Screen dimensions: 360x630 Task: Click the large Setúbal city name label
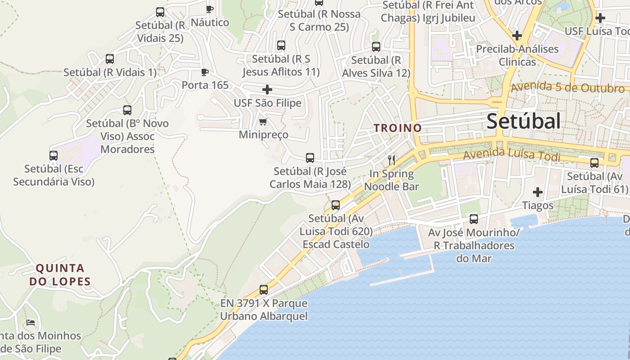pos(524,121)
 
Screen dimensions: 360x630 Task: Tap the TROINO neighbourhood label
pos(398,128)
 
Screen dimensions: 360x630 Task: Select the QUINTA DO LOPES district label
pos(60,275)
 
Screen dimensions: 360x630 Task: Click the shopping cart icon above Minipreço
pos(263,121)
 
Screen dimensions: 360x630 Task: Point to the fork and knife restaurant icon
pos(391,160)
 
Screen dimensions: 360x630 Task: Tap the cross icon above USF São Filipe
pos(267,89)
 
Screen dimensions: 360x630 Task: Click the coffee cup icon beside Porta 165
pos(205,72)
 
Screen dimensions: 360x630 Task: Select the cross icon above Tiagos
pos(537,193)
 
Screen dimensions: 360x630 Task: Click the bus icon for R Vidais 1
pos(110,58)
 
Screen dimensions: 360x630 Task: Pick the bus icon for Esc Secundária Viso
pos(54,156)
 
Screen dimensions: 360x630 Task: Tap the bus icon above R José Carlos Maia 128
pos(310,158)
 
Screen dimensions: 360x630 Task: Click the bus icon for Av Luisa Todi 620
pos(336,205)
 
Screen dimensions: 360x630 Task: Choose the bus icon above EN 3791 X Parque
pos(264,290)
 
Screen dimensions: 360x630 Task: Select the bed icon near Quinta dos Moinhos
pos(31,322)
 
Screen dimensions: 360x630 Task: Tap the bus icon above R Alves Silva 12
pos(376,46)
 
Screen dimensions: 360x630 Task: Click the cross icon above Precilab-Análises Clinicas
pos(517,35)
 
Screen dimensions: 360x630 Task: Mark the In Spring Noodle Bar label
pos(391,180)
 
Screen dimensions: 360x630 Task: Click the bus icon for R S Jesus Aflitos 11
pos(281,45)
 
